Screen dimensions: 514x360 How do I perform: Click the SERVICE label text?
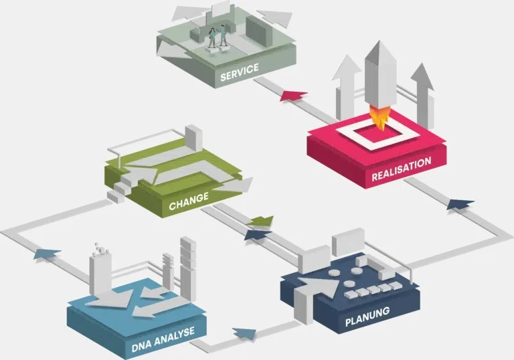click(240, 72)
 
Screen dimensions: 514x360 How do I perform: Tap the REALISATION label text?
click(402, 169)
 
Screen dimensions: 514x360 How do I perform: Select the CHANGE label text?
click(189, 201)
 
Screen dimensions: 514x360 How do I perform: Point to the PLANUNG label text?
click(367, 317)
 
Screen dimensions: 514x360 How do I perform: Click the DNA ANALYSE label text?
click(163, 340)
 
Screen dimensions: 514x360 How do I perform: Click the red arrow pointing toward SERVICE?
click(294, 96)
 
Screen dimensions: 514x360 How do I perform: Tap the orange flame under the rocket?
click(379, 118)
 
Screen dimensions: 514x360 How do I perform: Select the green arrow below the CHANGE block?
click(260, 221)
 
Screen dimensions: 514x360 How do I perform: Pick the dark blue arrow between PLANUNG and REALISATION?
click(460, 204)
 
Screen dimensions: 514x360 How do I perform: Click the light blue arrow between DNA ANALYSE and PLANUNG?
click(244, 333)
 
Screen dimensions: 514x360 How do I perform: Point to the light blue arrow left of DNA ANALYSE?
click(47, 254)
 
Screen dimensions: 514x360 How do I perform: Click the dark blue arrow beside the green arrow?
click(258, 235)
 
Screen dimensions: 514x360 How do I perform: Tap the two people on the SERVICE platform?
click(218, 37)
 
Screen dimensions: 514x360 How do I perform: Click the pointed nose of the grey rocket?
click(379, 41)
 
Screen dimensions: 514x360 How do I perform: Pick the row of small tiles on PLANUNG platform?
click(373, 290)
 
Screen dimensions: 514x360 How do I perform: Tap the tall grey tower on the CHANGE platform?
click(193, 138)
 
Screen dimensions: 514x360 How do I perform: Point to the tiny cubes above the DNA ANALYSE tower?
click(100, 248)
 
